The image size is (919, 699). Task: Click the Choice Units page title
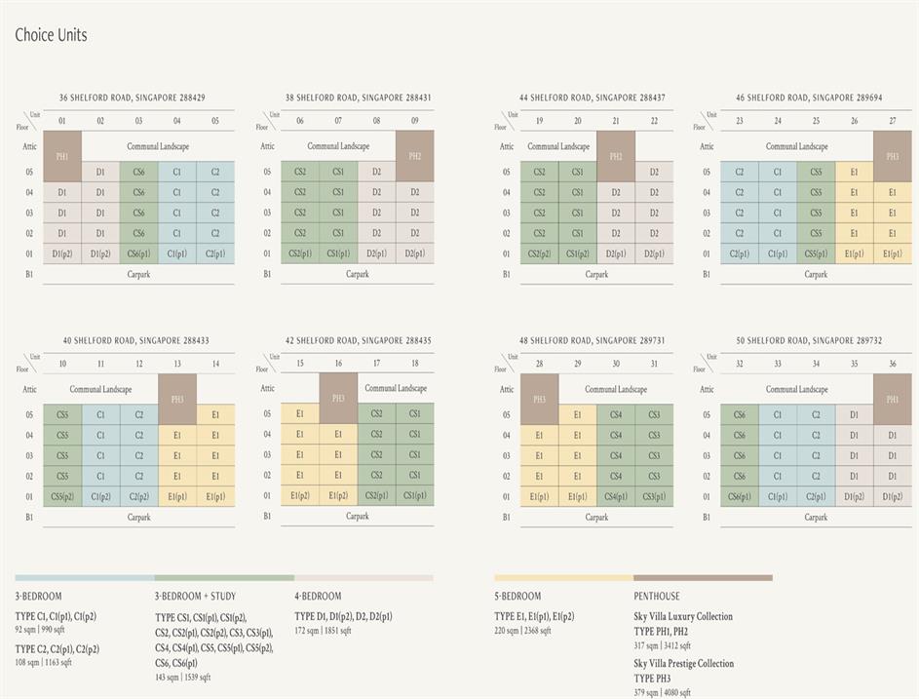[51, 35]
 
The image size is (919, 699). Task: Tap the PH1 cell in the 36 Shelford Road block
[61, 156]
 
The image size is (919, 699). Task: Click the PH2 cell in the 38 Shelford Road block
[415, 156]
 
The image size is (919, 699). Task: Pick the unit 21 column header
[616, 121]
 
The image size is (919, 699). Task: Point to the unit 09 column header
[415, 121]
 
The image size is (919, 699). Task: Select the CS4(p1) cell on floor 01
[616, 497]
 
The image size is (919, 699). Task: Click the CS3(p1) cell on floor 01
[654, 497]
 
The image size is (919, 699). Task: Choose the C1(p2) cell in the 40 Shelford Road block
[100, 497]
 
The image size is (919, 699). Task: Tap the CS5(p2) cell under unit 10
[62, 497]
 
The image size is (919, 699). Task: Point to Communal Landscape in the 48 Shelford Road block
[616, 389]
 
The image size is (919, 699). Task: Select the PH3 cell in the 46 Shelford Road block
[893, 156]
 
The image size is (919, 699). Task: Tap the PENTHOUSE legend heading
[657, 596]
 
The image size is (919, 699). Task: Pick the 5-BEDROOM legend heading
[517, 596]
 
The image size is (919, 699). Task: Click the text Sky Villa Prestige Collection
[683, 663]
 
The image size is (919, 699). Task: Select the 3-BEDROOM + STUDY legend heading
[195, 596]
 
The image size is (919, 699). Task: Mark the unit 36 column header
[893, 364]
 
